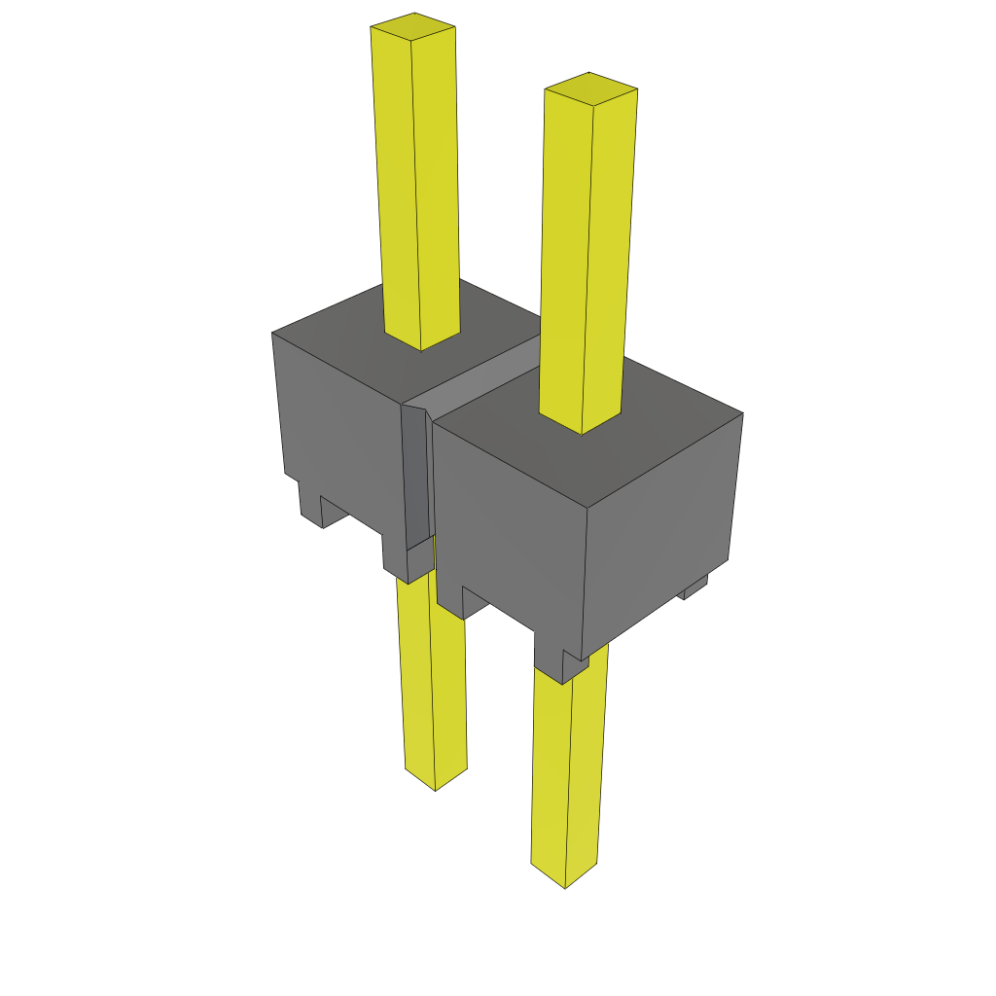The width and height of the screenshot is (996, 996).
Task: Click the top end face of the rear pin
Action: coord(412,26)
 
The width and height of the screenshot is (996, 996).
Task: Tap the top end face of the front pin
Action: coord(590,88)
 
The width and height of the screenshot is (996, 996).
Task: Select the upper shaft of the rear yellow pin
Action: coord(416,185)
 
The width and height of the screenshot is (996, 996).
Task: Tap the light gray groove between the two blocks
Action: coord(486,374)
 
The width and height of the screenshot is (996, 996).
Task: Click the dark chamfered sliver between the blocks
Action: coord(414,477)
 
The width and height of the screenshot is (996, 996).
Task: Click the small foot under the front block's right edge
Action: coord(694,587)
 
